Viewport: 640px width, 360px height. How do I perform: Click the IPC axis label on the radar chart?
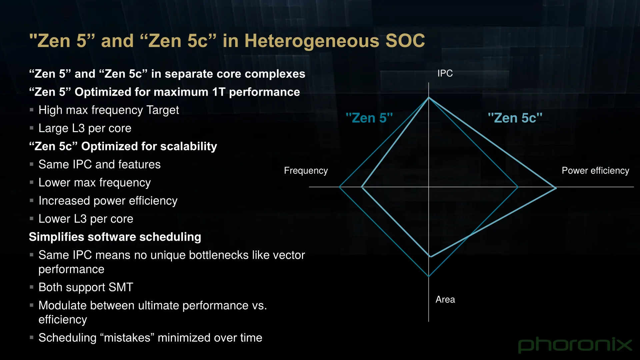click(x=445, y=73)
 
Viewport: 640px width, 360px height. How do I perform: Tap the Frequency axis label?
click(x=306, y=171)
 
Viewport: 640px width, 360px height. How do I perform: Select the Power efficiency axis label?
click(x=595, y=171)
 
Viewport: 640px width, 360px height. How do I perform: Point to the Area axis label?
click(x=445, y=299)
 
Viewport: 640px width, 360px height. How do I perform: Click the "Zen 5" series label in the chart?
click(x=369, y=118)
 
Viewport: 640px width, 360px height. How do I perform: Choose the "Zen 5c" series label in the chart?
click(x=515, y=118)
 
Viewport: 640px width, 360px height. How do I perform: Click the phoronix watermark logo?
click(x=575, y=345)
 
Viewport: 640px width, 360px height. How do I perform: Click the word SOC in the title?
click(x=405, y=41)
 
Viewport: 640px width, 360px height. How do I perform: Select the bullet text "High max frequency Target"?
click(x=109, y=110)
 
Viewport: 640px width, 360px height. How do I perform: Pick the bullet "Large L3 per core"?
click(x=85, y=128)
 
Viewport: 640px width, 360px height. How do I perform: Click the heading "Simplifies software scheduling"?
click(x=115, y=237)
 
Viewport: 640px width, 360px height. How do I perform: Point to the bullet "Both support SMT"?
click(x=86, y=287)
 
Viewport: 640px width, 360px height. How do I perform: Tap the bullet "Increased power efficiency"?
click(x=108, y=201)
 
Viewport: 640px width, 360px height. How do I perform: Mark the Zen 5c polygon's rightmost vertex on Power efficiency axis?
click(x=556, y=188)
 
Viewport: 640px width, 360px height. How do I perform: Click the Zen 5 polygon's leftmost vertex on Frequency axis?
click(x=339, y=187)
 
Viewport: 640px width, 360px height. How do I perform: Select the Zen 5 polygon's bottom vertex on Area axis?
click(x=429, y=276)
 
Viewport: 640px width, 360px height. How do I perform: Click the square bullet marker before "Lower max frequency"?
click(x=32, y=182)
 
